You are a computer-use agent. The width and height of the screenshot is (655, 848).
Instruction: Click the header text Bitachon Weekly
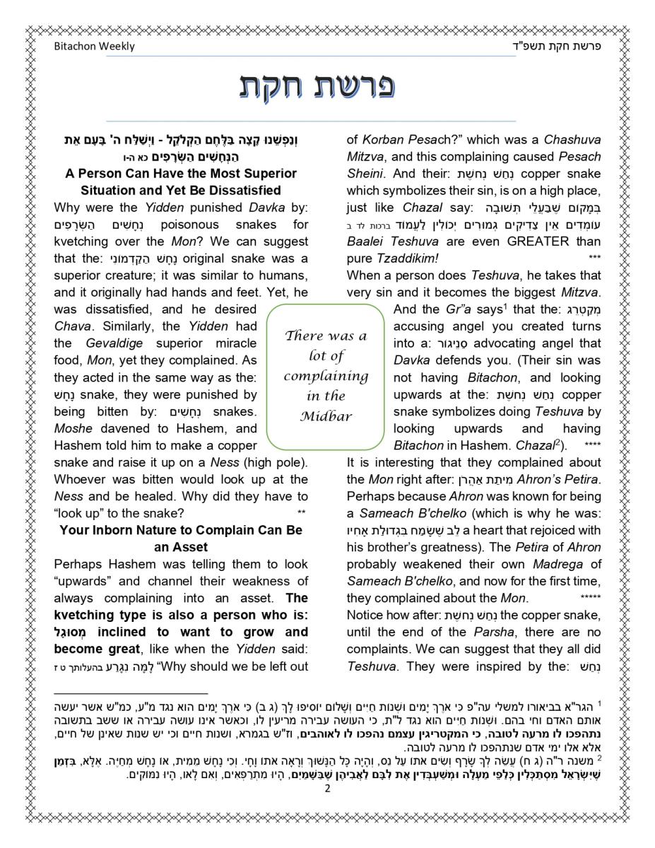pos(94,47)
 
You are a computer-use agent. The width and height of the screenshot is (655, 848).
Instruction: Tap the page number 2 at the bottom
pos(327,789)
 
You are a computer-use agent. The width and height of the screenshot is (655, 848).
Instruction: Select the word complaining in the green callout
pos(326,376)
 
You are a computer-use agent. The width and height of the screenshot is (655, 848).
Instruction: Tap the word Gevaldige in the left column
pos(117,343)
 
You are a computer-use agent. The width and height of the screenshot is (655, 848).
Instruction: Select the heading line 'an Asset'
pos(181,547)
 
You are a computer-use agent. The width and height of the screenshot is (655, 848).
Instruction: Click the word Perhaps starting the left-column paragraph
pos(77,564)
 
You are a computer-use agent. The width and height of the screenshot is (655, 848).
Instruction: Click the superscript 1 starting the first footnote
pos(599,704)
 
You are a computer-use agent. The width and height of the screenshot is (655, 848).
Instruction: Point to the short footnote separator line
pos(131,694)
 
